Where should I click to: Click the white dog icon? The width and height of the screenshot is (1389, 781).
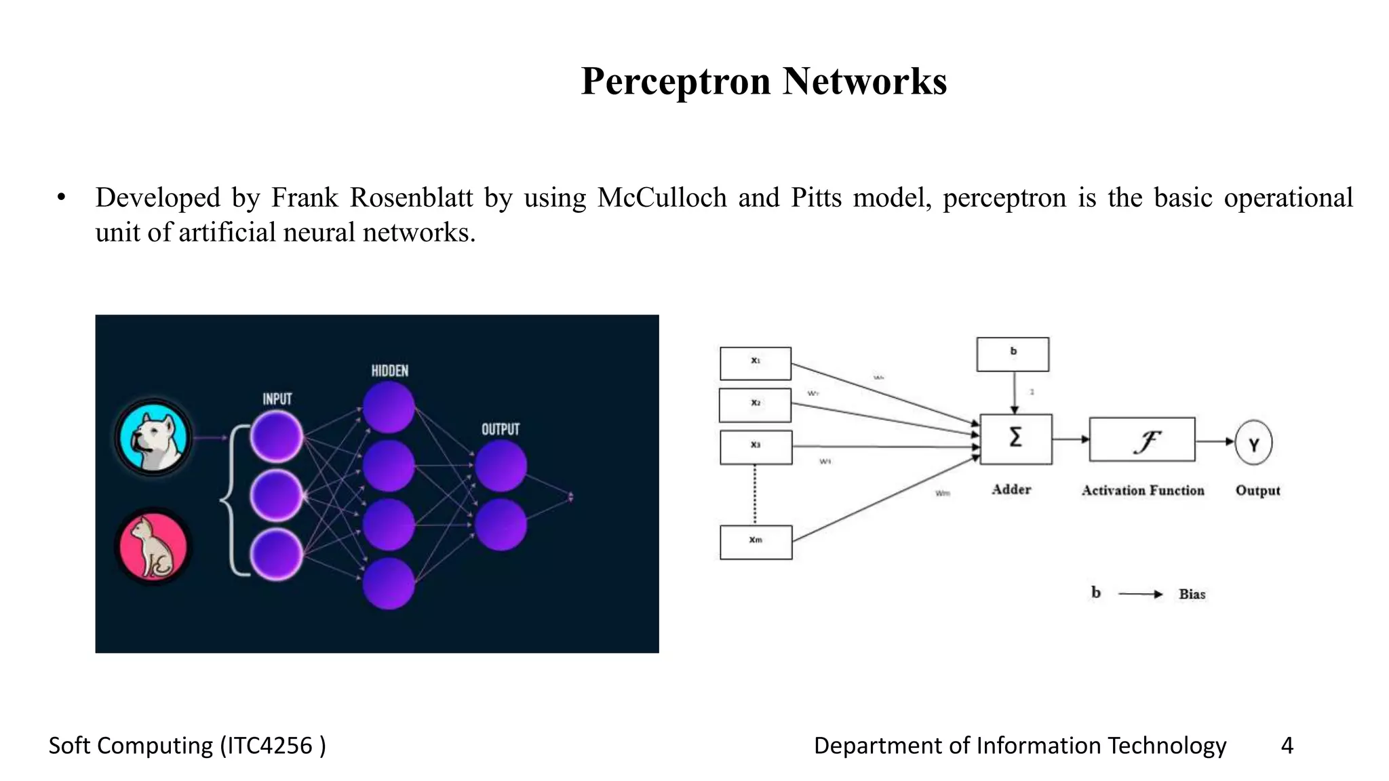[x=153, y=437]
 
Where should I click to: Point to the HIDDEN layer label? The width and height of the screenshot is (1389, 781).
[x=389, y=371]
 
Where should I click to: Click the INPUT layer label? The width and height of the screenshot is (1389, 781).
[x=277, y=399]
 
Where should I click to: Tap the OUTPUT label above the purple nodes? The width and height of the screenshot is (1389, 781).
[x=501, y=430]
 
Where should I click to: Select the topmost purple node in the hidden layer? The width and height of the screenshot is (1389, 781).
[x=389, y=407]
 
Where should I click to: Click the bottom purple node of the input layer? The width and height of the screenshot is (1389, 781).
[x=276, y=555]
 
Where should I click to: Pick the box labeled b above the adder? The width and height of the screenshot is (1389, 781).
[x=1013, y=354]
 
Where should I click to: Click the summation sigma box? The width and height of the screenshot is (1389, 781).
[x=1015, y=439]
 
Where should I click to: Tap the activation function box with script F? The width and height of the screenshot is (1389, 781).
[x=1142, y=440]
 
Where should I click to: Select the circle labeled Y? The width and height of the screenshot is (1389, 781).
[x=1253, y=443]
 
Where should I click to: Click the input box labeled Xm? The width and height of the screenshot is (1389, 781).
[x=756, y=542]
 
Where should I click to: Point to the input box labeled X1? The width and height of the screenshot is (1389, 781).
[x=755, y=363]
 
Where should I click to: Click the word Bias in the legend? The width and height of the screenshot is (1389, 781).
[x=1192, y=595]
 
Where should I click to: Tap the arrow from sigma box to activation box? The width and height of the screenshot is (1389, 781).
[x=1070, y=439]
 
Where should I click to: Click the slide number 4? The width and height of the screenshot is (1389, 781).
[x=1287, y=746]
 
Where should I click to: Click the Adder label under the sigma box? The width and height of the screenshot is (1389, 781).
[x=1011, y=489]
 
